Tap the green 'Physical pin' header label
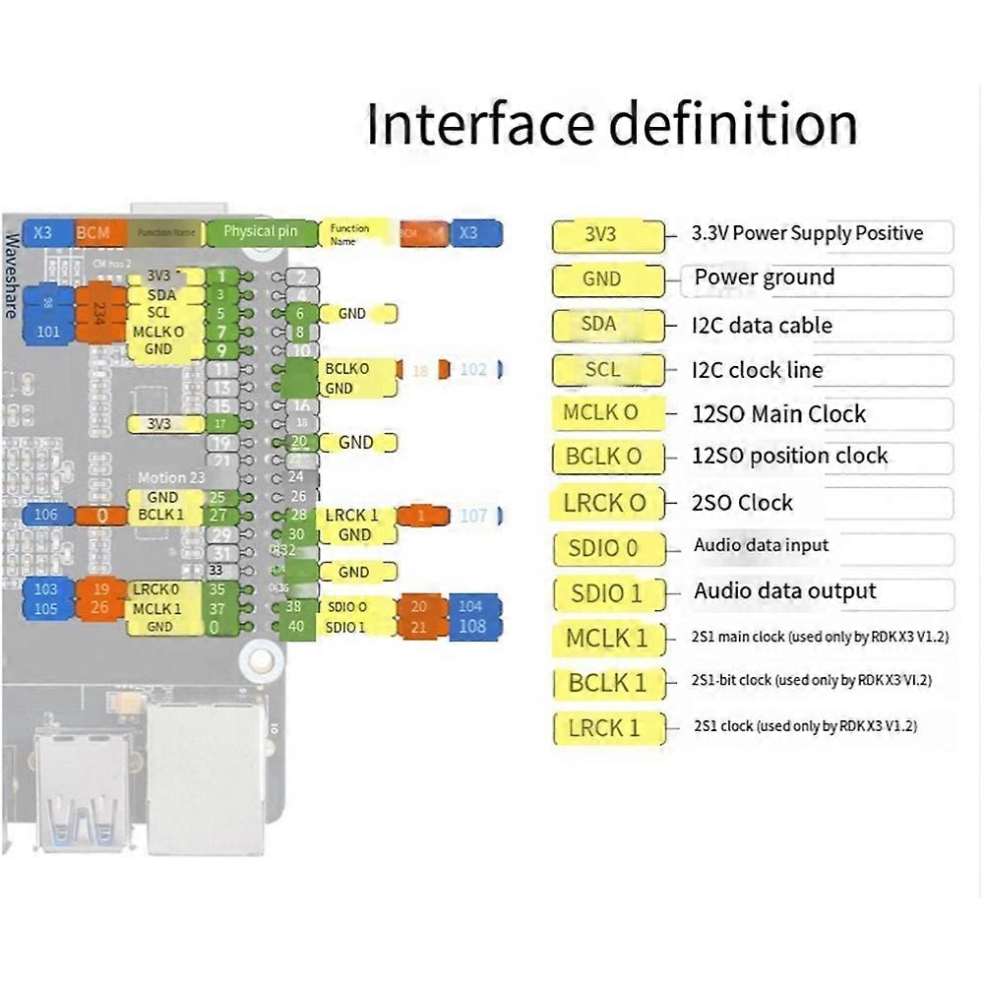point(260,232)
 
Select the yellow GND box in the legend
point(601,279)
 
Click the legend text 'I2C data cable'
point(762,325)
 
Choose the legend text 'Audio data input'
point(761,545)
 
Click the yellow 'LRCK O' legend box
point(604,503)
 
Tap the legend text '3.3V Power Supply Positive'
point(808,233)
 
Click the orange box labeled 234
point(99,313)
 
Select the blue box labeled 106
point(46,515)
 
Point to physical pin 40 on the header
point(294,627)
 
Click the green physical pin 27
point(218,515)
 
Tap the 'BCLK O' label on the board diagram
point(347,369)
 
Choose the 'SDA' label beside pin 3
point(162,295)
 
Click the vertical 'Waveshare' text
point(13,275)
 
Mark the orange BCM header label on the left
point(93,233)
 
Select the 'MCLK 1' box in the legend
point(607,638)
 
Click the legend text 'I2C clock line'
point(757,370)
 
